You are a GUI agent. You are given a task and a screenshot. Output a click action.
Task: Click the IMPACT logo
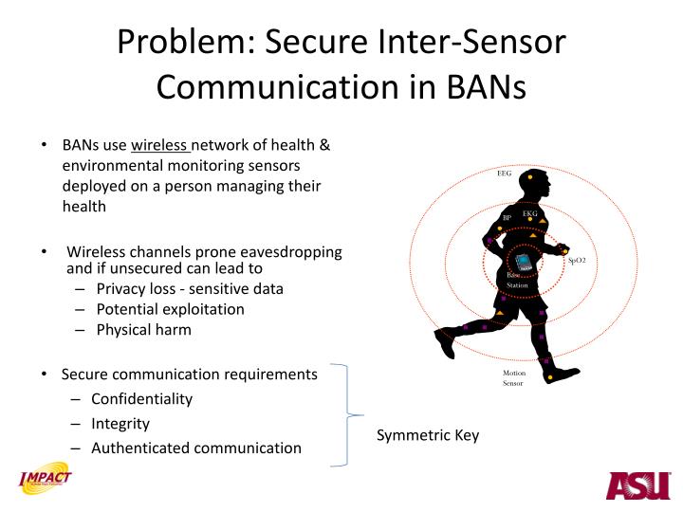(46, 482)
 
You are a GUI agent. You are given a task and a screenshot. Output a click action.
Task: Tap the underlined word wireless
(160, 146)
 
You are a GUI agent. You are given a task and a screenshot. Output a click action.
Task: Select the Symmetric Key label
(428, 435)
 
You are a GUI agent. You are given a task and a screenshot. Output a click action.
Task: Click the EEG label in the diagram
(504, 174)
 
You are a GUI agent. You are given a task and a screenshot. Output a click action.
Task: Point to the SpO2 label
(577, 260)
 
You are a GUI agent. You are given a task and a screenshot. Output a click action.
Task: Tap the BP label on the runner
(507, 218)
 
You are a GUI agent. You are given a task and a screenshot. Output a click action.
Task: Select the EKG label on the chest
(529, 214)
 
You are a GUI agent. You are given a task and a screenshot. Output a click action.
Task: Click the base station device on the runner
(521, 261)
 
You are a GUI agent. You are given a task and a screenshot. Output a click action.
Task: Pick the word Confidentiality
(141, 399)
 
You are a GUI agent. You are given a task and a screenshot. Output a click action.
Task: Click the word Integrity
(120, 424)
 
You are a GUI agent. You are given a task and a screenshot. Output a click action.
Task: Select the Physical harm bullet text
(143, 330)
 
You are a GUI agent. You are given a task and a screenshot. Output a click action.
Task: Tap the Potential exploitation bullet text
(170, 309)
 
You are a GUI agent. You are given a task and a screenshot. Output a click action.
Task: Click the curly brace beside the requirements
(345, 415)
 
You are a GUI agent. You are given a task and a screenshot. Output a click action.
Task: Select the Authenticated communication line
(196, 448)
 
